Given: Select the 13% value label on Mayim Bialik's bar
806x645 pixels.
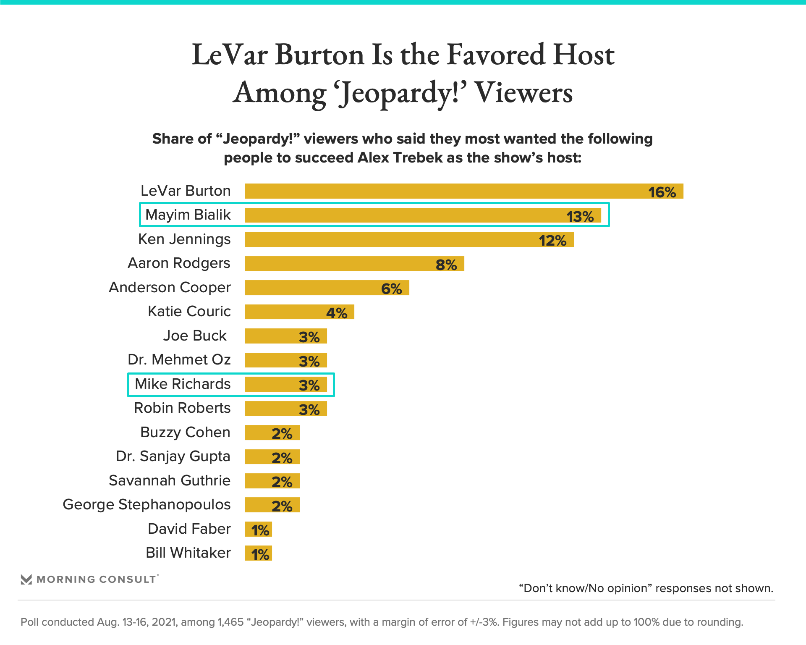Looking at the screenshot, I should (580, 217).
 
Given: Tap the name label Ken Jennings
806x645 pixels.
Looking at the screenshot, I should (184, 239).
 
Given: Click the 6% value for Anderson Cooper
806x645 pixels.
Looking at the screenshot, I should (391, 289).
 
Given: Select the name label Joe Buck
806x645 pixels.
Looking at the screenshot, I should (195, 336).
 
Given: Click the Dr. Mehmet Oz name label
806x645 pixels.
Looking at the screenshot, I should (179, 359).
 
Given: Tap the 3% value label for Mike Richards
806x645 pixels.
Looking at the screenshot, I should (309, 385).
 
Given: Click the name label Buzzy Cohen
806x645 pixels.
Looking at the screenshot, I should (185, 432).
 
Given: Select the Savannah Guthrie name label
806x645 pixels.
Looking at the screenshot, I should (170, 480).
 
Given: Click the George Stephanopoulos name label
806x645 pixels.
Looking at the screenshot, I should (147, 504).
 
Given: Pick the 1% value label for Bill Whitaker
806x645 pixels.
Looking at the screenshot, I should (260, 555).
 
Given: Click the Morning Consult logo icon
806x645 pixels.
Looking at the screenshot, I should (26, 579).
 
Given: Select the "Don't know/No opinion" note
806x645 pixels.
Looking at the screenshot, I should (646, 588).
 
